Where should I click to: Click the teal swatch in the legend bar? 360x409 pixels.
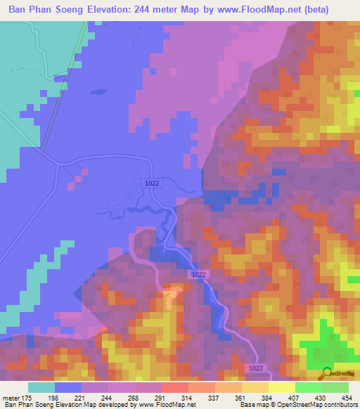[41, 387]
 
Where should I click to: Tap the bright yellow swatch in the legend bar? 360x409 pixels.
[282, 387]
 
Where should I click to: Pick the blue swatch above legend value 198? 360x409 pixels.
[68, 387]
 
